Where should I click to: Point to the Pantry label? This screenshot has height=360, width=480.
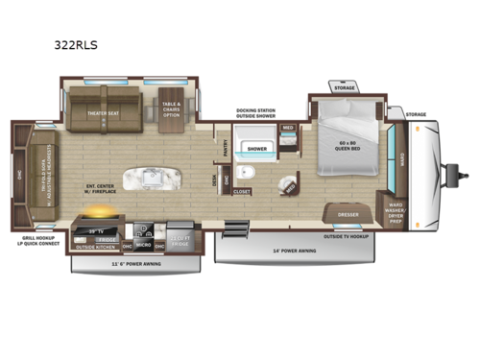[x=224, y=148]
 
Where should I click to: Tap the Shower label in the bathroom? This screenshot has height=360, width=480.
[x=257, y=149]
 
